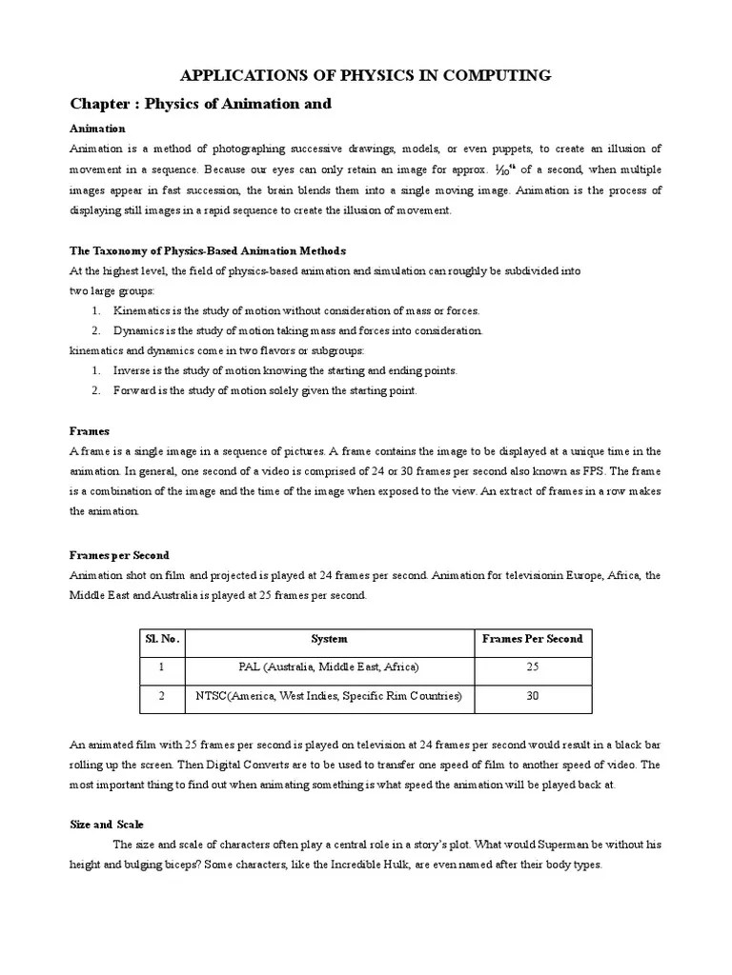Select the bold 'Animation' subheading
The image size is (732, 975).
click(x=97, y=129)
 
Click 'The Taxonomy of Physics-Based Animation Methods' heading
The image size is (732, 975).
click(x=208, y=250)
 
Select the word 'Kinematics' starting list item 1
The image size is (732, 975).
click(x=143, y=311)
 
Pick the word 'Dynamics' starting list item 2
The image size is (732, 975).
click(x=139, y=331)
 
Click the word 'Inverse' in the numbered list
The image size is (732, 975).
click(x=133, y=370)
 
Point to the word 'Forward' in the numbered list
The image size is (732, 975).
click(x=135, y=390)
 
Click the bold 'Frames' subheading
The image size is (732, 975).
click(x=90, y=431)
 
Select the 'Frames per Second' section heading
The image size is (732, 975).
click(x=119, y=555)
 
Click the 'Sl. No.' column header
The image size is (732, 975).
click(x=162, y=639)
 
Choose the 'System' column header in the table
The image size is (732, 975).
click(x=329, y=639)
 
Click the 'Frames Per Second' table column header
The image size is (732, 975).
click(x=532, y=639)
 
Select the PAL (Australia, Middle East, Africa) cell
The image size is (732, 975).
click(x=329, y=667)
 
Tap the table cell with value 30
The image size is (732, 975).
click(x=532, y=696)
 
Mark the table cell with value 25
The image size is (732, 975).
click(x=532, y=667)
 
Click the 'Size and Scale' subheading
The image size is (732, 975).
click(x=106, y=824)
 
